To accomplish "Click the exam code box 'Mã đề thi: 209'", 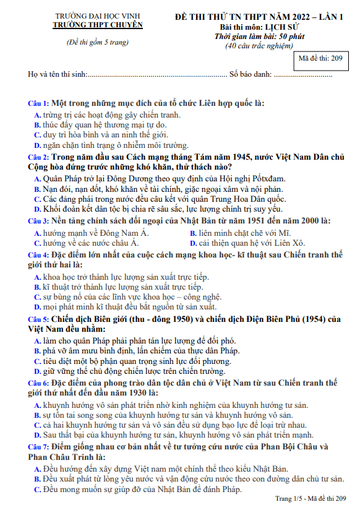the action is pyautogui.click(x=322, y=59).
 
